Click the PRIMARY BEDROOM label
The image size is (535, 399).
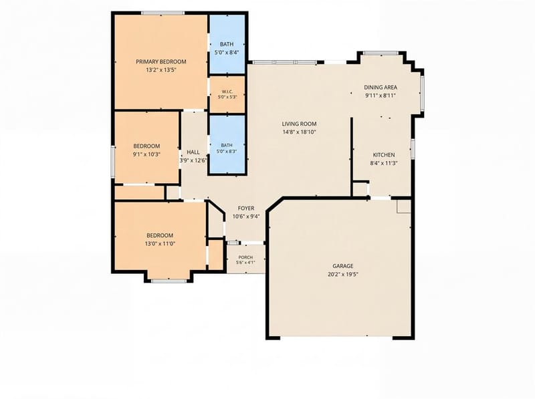coord(161,61)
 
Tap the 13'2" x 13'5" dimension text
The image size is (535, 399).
coord(161,70)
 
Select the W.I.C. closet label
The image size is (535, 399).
coord(227,92)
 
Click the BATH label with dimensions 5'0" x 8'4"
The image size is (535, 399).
coord(227,44)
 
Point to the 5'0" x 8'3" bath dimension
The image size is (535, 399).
coord(227,151)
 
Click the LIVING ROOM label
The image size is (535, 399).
coord(299,124)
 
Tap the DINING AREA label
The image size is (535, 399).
coord(381,88)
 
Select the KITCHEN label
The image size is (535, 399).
coord(384,155)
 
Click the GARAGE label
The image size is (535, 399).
coord(343,266)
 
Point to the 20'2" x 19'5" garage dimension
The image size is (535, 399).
coord(343,274)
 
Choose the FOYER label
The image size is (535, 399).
coord(246,208)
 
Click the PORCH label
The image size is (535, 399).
coord(245,257)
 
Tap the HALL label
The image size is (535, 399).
coord(193,152)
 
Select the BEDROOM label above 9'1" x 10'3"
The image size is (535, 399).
coord(146,146)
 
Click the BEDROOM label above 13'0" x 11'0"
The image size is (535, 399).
coord(160,235)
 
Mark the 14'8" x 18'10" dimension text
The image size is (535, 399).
coord(300,132)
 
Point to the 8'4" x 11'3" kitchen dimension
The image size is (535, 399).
coord(384,163)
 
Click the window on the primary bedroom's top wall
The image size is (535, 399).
coord(163,13)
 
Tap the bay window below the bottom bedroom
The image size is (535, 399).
coord(169,281)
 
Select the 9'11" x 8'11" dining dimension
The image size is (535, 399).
coord(381,96)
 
